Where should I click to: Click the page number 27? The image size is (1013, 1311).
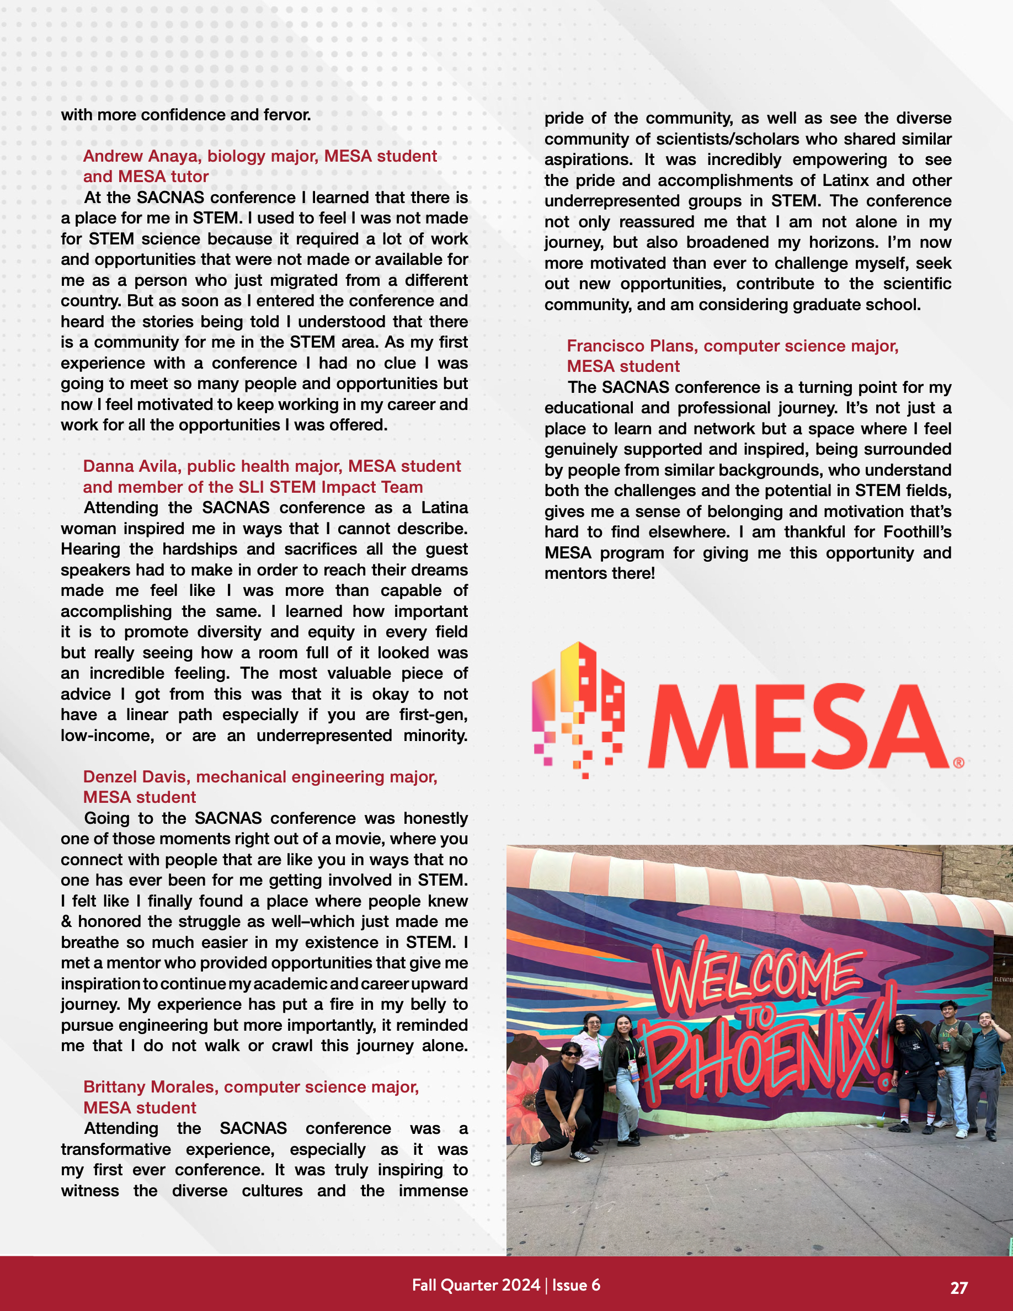[958, 1288]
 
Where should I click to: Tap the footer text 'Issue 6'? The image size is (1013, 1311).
[575, 1285]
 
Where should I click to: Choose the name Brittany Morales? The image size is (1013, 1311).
[151, 1087]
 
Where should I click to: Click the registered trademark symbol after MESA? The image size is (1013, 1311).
[958, 763]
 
